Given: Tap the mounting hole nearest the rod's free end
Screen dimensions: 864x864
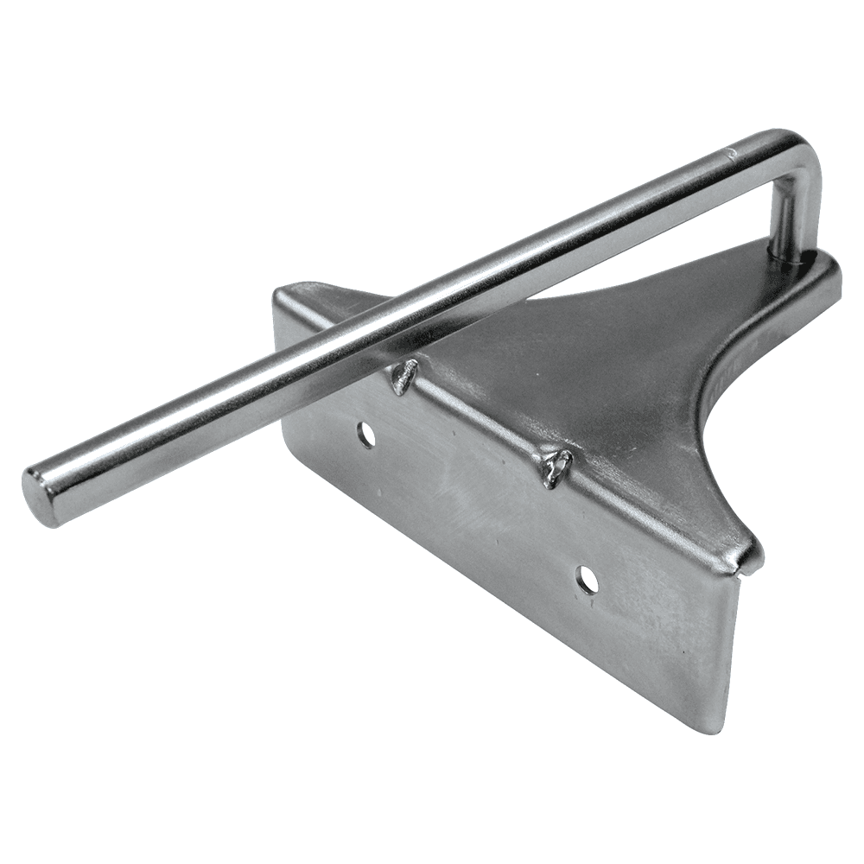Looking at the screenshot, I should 366,435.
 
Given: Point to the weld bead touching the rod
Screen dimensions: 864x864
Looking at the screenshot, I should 403,378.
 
